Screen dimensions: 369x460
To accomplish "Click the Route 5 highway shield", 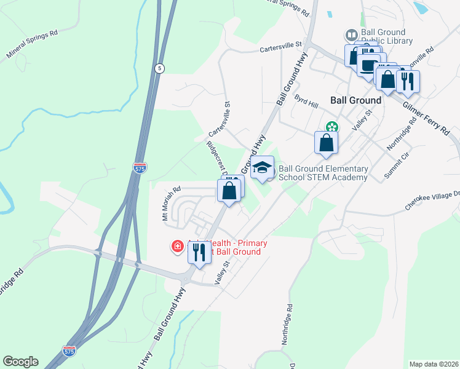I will click(x=160, y=69).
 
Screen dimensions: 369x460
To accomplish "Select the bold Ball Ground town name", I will click(x=355, y=100).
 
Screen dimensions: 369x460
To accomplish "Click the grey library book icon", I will click(x=352, y=34).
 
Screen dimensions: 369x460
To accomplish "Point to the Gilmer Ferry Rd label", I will click(x=426, y=118).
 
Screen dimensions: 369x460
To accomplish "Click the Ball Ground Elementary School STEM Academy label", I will click(x=323, y=173).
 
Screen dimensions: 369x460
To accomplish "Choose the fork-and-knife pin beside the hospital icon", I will click(x=199, y=252).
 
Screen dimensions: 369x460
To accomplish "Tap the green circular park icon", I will click(x=332, y=127).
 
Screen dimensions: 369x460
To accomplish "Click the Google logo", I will click(x=20, y=362).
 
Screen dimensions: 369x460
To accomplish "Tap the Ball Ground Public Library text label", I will click(x=385, y=37).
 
